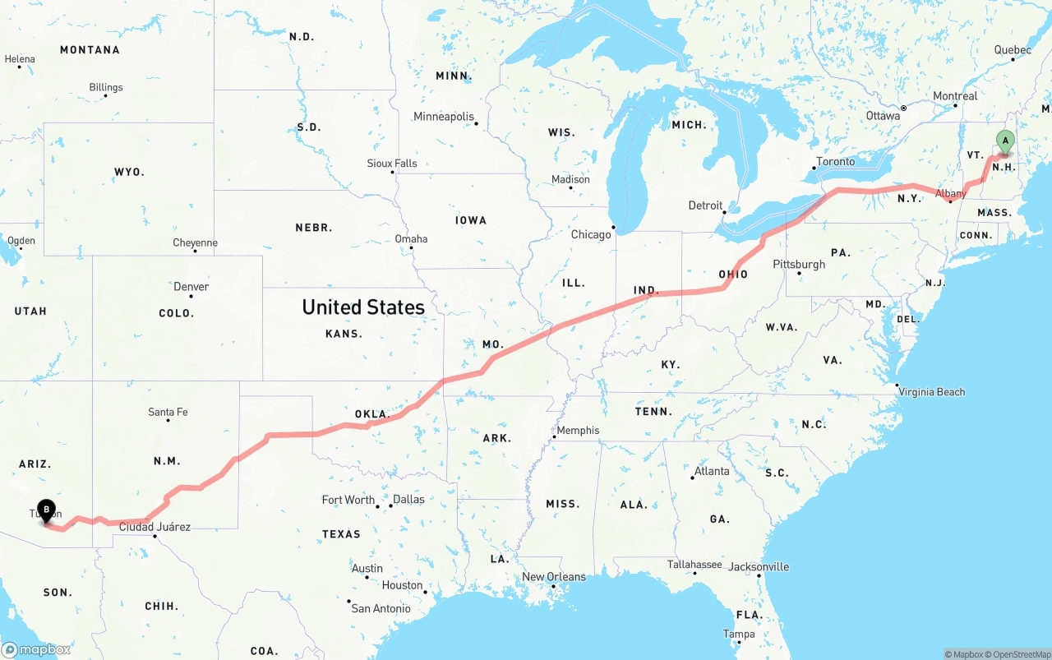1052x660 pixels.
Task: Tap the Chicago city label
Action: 591,234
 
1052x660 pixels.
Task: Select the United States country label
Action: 363,307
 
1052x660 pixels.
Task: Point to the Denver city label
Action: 191,286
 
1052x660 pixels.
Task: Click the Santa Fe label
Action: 168,412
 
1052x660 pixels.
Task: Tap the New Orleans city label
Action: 554,576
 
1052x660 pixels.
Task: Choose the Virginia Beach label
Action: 931,392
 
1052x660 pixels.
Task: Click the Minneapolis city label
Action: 444,117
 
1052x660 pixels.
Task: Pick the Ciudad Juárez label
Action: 155,527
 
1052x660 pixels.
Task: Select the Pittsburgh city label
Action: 799,264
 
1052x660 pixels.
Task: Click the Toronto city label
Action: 835,161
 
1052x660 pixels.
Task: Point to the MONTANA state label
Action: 90,50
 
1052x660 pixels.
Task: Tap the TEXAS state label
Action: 341,534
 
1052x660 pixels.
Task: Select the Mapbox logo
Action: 36,649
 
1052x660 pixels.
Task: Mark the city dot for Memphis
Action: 554,436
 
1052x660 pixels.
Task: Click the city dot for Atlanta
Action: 693,478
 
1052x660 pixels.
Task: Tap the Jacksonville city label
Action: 759,566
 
